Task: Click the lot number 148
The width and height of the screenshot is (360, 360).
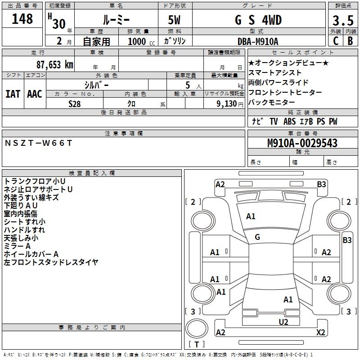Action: coord(22,19)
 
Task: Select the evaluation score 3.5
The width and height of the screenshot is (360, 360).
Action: coord(343,20)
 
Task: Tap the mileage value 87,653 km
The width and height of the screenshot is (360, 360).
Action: coord(55,64)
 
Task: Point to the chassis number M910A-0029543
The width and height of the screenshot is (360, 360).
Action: coord(302,143)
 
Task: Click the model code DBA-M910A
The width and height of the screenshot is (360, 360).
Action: coord(258,41)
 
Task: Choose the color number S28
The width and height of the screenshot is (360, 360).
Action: coord(75,104)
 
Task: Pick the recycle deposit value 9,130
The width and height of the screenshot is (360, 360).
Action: coord(227,104)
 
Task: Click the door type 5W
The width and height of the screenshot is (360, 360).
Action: coord(174,20)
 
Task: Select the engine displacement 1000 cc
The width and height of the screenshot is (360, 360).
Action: coord(141,41)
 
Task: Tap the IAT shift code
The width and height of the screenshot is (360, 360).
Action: coord(13,94)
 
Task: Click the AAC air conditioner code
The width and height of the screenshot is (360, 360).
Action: coord(35,94)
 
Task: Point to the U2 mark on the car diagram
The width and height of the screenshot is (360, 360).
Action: coord(283,322)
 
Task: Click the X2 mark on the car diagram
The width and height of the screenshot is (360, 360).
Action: coord(321,332)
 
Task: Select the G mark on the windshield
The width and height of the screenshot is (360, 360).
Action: coord(257,237)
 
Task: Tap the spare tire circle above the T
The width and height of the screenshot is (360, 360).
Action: coord(197,328)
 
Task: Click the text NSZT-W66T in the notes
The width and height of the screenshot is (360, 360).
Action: coord(38,143)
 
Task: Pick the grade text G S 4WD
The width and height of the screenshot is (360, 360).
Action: coord(258,20)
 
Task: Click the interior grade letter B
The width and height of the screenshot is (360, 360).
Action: coord(350,41)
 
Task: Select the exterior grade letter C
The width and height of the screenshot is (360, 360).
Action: coord(336,41)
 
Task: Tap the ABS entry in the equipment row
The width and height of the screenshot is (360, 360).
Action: coord(289,121)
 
